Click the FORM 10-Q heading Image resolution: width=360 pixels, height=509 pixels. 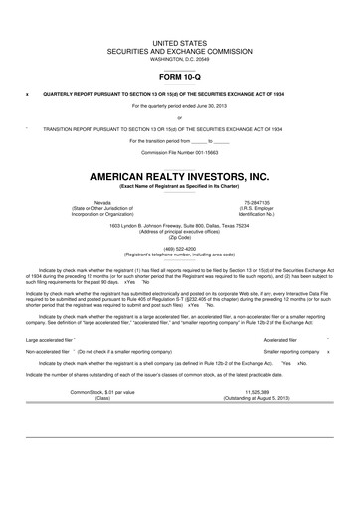pos(179,76)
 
